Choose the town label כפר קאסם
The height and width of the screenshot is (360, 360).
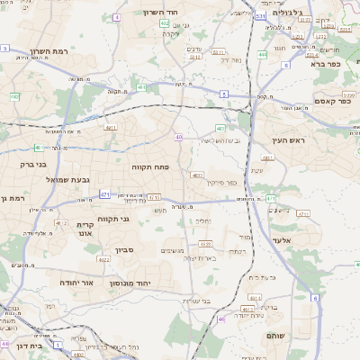(x=332, y=101)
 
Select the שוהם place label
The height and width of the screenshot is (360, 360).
(x=277, y=335)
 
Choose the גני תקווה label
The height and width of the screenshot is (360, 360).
(x=112, y=219)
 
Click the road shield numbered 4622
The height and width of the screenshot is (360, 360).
(x=104, y=259)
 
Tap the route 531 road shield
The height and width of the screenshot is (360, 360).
(x=260, y=16)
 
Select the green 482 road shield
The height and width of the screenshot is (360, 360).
(x=14, y=95)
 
